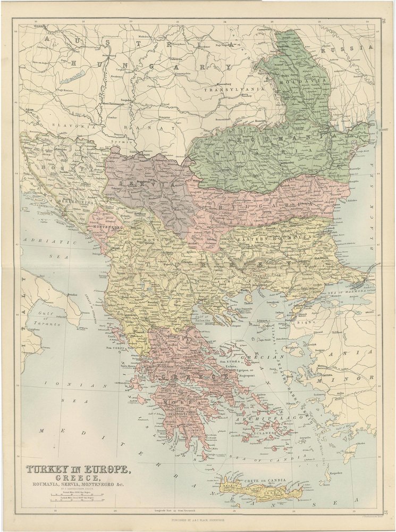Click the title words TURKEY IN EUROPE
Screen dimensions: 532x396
[77, 470]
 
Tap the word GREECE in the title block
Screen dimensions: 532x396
[77, 477]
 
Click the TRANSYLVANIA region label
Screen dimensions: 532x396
[234, 90]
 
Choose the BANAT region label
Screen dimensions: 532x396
[148, 128]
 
